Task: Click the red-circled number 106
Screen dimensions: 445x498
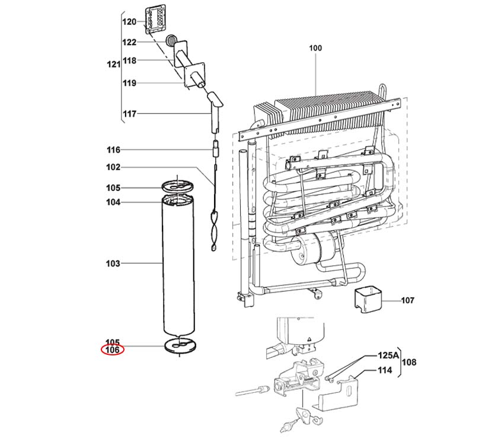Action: click(x=113, y=350)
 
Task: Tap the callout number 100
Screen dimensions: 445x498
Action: click(x=315, y=48)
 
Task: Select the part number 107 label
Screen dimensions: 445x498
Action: click(x=407, y=301)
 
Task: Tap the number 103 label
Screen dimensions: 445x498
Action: click(x=113, y=263)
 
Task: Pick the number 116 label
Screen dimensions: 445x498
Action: click(x=113, y=150)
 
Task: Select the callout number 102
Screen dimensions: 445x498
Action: click(x=113, y=167)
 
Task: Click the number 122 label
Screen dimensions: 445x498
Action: click(x=129, y=42)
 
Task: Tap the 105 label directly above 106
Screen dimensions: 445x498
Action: click(x=113, y=342)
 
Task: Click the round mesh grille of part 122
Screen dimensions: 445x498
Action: click(x=171, y=41)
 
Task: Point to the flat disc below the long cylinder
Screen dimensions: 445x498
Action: click(x=179, y=345)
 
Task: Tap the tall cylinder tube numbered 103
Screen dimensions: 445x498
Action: click(x=179, y=267)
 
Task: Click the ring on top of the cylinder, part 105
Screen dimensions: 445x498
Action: click(x=178, y=187)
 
